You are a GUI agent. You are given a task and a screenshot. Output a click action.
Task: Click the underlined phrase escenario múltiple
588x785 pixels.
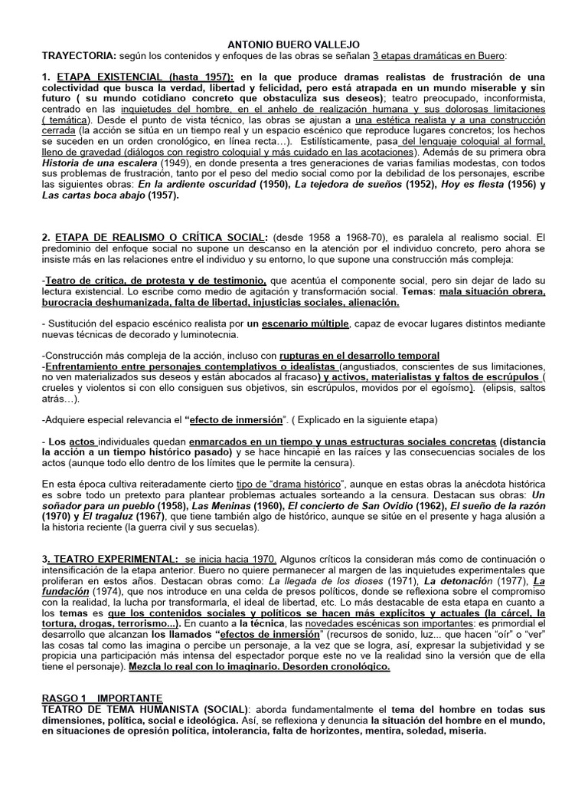click(305, 324)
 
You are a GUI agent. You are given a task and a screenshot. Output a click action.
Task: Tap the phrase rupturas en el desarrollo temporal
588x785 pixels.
click(359, 356)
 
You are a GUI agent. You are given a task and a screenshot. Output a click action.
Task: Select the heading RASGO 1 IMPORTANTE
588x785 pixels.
click(102, 698)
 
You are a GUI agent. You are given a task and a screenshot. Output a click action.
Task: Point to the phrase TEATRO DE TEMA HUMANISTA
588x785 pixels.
click(122, 709)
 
